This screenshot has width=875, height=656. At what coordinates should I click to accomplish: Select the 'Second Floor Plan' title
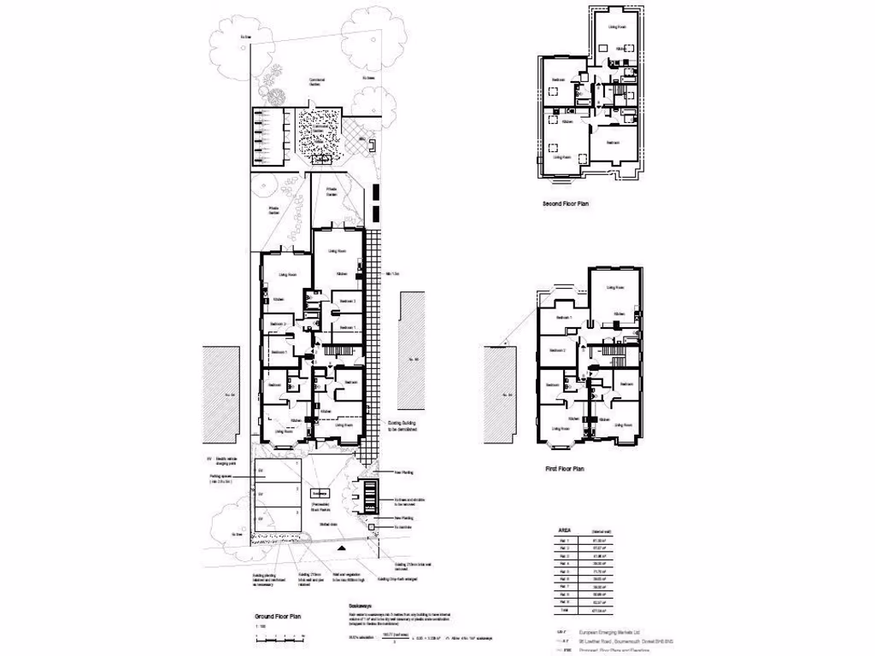566,205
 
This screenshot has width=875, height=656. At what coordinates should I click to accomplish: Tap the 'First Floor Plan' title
564,469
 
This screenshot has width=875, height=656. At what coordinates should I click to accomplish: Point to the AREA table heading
565,530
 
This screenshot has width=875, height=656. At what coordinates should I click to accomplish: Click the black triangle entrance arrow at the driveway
343,548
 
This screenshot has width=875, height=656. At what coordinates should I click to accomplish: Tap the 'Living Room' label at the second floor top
619,27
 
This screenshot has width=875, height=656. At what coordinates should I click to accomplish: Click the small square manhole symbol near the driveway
370,528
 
